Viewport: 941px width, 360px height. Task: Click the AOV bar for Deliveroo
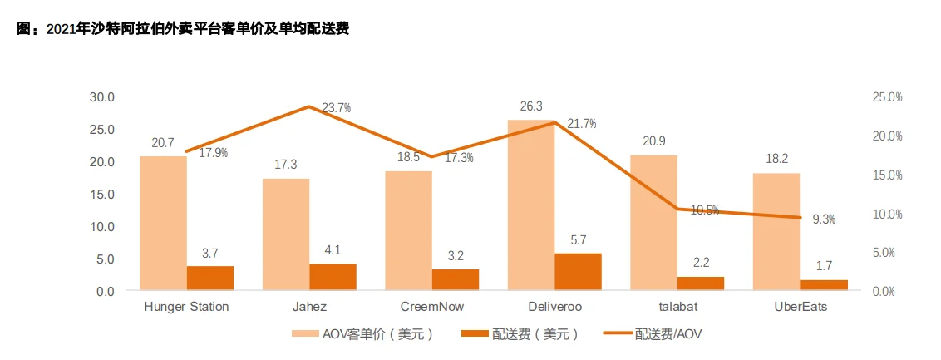[x=531, y=205]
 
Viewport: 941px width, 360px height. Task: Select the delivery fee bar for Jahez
[x=333, y=277]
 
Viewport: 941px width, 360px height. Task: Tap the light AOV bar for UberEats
[x=776, y=232]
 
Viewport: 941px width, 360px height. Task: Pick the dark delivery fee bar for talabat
[x=701, y=284]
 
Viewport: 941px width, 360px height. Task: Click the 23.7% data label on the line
[x=336, y=108]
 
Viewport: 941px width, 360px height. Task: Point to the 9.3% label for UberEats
[x=823, y=219]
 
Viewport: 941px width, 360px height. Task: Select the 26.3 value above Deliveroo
[x=531, y=106]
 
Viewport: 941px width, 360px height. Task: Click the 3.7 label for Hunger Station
[x=210, y=254]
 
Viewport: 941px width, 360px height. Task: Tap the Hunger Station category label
[x=187, y=307]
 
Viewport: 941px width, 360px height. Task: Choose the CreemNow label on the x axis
[x=431, y=307]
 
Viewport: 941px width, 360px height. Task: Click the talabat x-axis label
[x=677, y=307]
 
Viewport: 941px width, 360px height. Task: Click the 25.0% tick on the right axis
[x=888, y=97]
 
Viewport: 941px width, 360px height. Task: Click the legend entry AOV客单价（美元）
[x=362, y=334]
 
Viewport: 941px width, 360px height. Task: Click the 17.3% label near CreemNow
[x=459, y=159]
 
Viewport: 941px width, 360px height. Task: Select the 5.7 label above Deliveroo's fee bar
[x=578, y=241]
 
